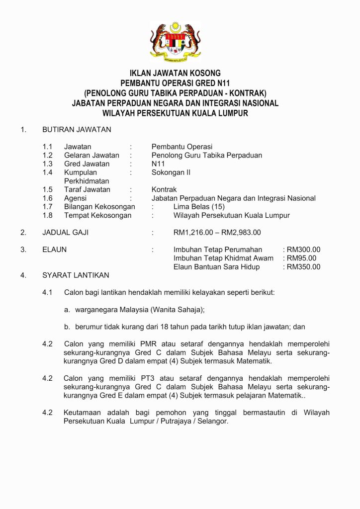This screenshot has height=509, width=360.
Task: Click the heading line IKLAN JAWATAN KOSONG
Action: (175, 73)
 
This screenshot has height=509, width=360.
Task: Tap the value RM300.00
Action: (303, 250)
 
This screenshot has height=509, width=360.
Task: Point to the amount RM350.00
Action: (303, 267)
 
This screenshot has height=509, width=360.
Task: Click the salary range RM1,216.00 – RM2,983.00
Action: (217, 232)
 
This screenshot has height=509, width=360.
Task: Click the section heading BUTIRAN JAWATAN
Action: (77, 130)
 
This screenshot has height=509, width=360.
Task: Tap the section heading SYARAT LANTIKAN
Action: (76, 275)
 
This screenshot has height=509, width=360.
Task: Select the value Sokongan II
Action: (171, 172)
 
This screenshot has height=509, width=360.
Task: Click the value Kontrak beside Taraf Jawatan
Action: (164, 189)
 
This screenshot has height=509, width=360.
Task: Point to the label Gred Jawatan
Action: (87, 164)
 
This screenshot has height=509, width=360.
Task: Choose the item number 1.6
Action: (47, 198)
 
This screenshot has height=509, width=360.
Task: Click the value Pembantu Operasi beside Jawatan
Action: (182, 147)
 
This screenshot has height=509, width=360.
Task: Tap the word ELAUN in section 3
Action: (54, 250)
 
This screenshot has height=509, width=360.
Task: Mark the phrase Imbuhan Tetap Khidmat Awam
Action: (223, 258)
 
